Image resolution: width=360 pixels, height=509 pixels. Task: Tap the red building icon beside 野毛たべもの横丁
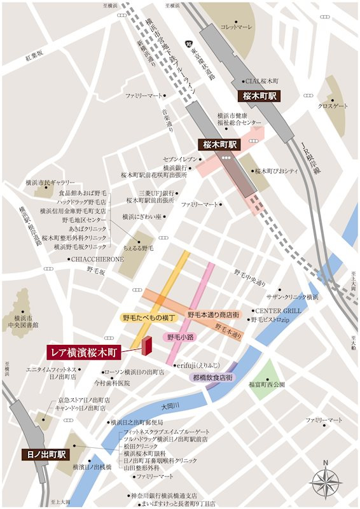[148, 345]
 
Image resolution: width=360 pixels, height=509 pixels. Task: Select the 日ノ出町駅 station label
[44, 455]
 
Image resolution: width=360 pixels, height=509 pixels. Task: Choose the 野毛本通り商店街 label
[213, 315]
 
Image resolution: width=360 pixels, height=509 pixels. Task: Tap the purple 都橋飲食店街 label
[213, 377]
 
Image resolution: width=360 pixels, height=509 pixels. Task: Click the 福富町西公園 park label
[267, 384]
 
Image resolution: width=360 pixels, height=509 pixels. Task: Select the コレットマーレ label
[237, 27]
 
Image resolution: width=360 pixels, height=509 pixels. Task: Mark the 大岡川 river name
[170, 405]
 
